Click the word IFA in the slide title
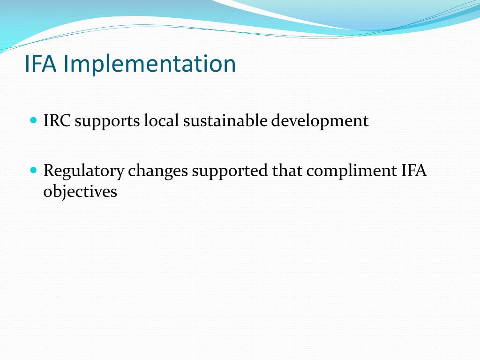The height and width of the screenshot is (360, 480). pyautogui.click(x=41, y=64)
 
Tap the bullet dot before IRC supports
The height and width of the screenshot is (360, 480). pyautogui.click(x=33, y=120)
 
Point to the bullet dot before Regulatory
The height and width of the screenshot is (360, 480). pyautogui.click(x=33, y=170)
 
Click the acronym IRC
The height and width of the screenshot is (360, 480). pyautogui.click(x=57, y=121)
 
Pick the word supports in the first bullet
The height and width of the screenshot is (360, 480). pyautogui.click(x=107, y=122)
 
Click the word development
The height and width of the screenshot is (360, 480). pyautogui.click(x=321, y=122)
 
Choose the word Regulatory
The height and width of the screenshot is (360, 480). pyautogui.click(x=84, y=172)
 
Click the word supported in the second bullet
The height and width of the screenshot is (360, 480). pyautogui.click(x=231, y=172)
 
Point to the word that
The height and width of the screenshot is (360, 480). pyautogui.click(x=288, y=171)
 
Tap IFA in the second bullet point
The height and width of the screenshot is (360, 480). pyautogui.click(x=414, y=171)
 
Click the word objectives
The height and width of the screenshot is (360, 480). pyautogui.click(x=80, y=192)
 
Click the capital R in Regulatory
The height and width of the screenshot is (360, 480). pyautogui.click(x=48, y=171)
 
